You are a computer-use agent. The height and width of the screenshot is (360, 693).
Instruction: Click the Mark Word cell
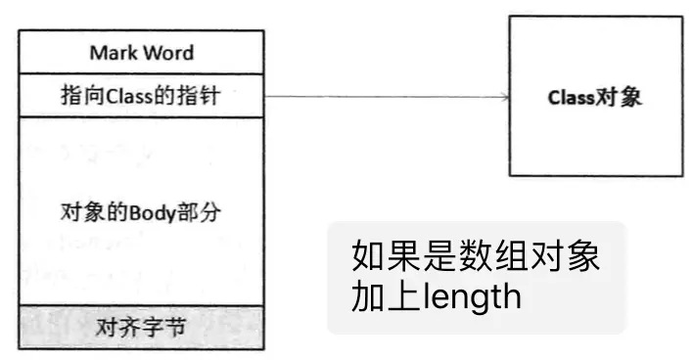tap(141, 52)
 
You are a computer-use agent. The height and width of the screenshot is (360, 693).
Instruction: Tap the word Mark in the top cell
tap(111, 53)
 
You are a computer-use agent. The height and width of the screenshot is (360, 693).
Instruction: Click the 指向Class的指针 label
tap(141, 96)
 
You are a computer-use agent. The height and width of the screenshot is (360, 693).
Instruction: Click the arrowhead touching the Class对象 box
tap(504, 96)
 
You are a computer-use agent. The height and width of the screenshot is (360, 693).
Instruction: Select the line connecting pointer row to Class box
tap(382, 96)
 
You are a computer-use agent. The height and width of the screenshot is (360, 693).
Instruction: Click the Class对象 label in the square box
tap(594, 98)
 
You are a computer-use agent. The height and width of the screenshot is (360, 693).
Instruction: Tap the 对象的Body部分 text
tap(141, 212)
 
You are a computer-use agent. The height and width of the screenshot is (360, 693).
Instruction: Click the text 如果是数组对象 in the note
tap(475, 258)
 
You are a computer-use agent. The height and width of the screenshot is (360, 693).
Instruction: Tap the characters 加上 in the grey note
tap(383, 296)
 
